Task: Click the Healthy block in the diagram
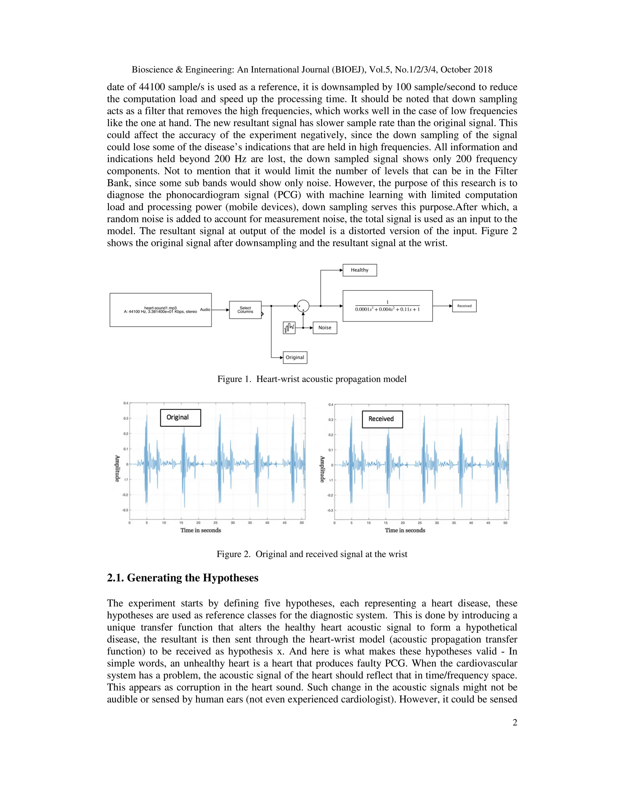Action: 359,270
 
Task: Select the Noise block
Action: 325,327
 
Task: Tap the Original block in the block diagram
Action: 295,357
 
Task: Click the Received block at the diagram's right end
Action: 464,306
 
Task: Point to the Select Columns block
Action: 245,310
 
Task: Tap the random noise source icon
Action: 289,327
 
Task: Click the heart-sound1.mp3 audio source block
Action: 160,310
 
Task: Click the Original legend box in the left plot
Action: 180,417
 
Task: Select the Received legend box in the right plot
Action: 382,419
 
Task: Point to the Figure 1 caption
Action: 312,379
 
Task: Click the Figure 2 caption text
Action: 312,554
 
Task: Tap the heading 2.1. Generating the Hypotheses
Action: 182,578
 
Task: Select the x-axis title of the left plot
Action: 201,530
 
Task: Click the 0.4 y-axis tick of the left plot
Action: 126,403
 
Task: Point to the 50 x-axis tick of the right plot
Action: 505,523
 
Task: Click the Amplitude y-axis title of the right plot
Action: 322,469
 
